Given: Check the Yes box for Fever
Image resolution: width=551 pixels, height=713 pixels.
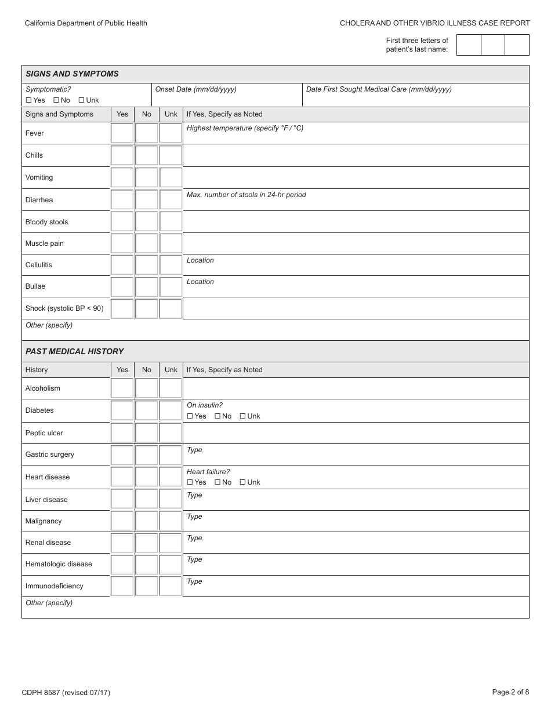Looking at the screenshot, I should (x=122, y=133).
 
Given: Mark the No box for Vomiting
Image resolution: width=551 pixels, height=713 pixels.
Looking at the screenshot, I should (x=147, y=177).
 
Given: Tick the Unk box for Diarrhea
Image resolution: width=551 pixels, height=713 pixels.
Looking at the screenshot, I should (x=171, y=199).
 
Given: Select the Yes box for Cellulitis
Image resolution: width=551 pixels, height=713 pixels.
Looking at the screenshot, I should (x=122, y=265).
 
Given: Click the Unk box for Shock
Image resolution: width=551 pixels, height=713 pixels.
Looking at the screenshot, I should (x=171, y=308).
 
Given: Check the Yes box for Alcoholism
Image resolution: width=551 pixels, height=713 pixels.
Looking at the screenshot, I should (x=122, y=388).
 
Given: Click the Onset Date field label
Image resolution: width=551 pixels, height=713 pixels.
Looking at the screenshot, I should (x=195, y=89).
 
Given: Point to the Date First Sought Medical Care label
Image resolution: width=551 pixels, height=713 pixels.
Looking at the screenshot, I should (x=378, y=89).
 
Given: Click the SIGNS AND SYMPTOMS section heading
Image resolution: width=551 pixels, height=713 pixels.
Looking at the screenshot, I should (x=72, y=74).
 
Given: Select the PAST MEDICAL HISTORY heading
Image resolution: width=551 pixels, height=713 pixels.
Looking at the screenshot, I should (x=74, y=351).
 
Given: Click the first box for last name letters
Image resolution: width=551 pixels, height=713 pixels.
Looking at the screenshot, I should (x=469, y=45).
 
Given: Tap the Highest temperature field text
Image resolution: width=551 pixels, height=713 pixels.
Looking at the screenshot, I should (x=245, y=128).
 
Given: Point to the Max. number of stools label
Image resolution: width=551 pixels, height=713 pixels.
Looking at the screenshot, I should (x=246, y=195).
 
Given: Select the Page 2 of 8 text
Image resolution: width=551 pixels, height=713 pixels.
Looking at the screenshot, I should (x=510, y=692).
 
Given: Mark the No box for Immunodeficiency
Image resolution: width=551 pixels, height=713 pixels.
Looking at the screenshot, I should (x=147, y=586).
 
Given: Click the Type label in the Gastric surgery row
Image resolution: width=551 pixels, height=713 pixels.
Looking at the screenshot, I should (x=194, y=450).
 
